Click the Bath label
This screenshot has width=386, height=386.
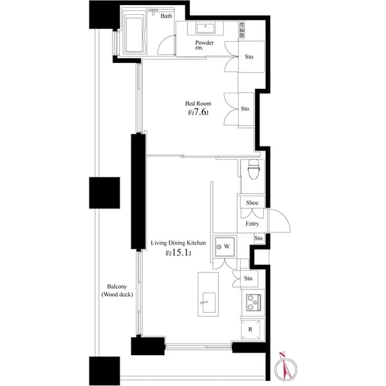[166, 16]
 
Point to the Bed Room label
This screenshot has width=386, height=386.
[198, 103]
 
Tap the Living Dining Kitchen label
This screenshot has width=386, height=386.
[178, 243]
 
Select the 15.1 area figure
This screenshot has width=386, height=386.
[179, 253]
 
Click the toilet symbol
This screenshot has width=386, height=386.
[253, 171]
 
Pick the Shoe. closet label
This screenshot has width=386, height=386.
[252, 203]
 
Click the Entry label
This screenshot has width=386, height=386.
[252, 224]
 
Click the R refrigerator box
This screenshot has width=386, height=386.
[251, 329]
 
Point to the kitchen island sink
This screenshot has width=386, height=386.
[208, 302]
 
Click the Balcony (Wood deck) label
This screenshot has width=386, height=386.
[116, 290]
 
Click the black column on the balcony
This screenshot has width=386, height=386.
[104, 192]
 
